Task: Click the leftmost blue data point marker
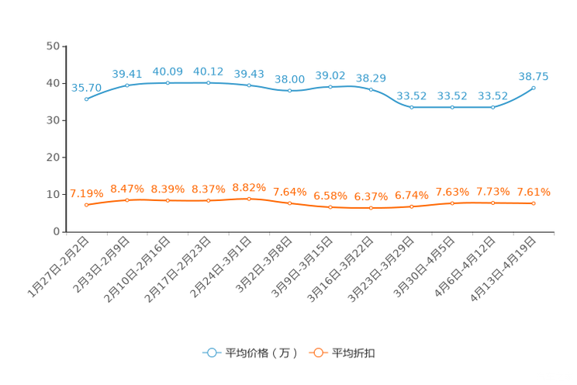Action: [x=87, y=99]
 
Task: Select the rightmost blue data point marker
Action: [x=534, y=87]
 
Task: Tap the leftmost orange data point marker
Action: [x=87, y=205]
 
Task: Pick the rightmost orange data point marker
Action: [x=534, y=203]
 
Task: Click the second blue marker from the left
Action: [x=127, y=85]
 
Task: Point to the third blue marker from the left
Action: [x=168, y=82]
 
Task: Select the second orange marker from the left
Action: [x=127, y=200]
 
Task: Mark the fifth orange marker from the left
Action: [x=249, y=199]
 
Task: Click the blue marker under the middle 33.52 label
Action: [x=452, y=107]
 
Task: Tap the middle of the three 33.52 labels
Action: [x=452, y=96]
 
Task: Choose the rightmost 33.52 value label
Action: [x=493, y=96]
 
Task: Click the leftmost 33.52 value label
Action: [x=411, y=96]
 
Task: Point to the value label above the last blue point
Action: [x=534, y=76]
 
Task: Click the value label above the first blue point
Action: [x=86, y=87]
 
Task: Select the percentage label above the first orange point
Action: [x=86, y=193]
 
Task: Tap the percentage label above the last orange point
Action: [x=534, y=192]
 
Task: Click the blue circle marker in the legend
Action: [x=211, y=352]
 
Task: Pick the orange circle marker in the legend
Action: [x=318, y=352]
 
